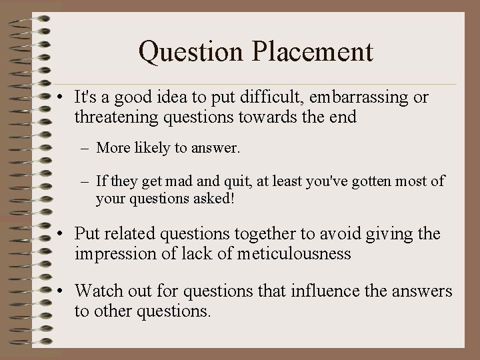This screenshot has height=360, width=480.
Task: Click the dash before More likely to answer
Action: pyautogui.click(x=85, y=148)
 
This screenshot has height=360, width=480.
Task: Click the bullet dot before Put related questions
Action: pyautogui.click(x=61, y=235)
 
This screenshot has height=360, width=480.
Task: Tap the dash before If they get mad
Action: pyautogui.click(x=85, y=181)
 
